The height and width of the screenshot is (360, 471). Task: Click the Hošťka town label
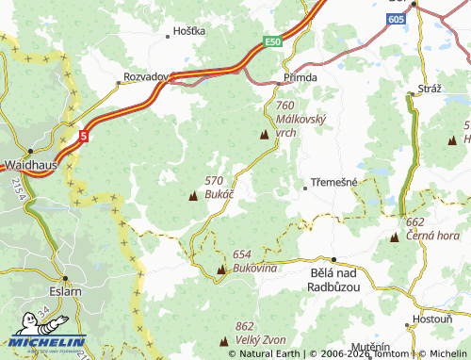[188, 31]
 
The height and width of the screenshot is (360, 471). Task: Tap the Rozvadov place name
[145, 76]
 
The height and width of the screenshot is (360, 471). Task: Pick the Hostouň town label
[432, 319]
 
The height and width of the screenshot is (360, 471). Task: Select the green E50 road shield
[273, 42]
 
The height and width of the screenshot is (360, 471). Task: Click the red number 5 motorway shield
[84, 137]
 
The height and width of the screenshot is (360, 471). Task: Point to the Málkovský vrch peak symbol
[263, 136]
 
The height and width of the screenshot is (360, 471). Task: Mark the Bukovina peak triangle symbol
[221, 270]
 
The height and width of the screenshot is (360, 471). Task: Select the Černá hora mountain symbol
[394, 236]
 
